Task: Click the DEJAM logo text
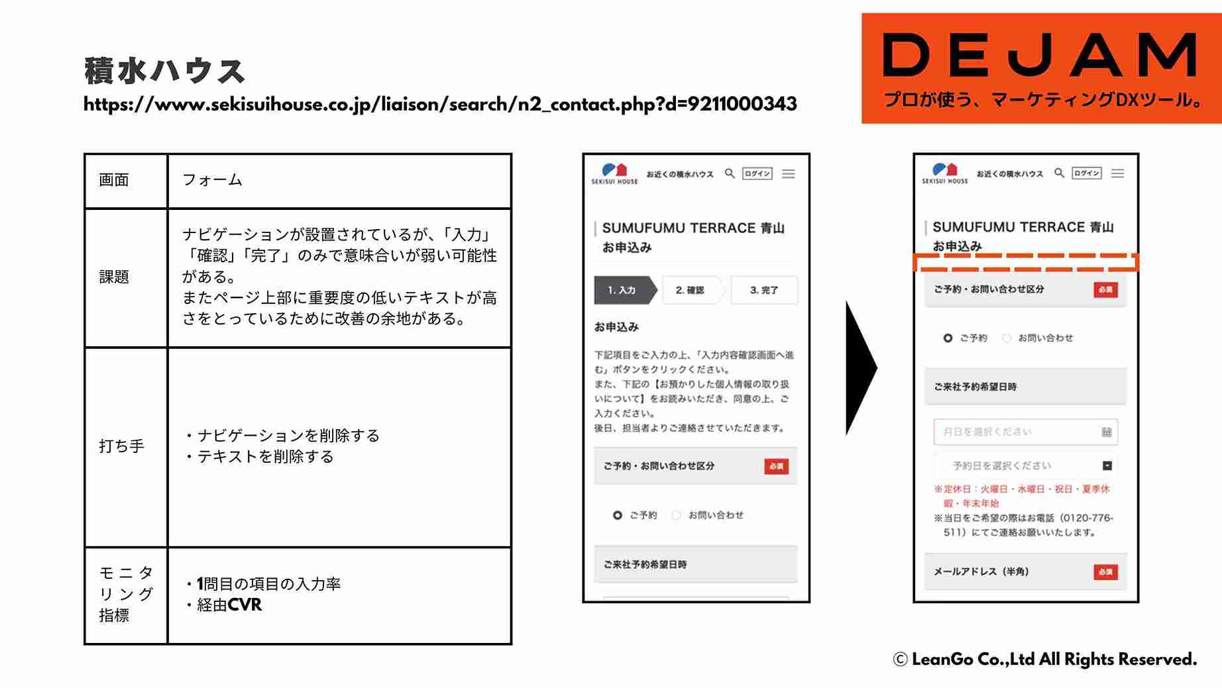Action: tap(1040, 56)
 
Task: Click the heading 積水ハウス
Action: tap(164, 71)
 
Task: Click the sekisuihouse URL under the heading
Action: tap(440, 105)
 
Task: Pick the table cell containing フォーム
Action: tap(339, 180)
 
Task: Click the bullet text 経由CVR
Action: tap(229, 605)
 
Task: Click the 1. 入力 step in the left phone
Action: tap(623, 290)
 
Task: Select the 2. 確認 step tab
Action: tap(690, 290)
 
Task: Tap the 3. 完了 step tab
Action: tap(764, 290)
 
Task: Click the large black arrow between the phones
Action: tap(860, 368)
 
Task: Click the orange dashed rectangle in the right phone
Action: tap(1025, 262)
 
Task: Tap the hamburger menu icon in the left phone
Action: tap(788, 173)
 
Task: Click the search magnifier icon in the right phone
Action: tap(1059, 173)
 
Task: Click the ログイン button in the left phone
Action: tap(757, 173)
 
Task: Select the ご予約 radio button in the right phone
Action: tap(948, 338)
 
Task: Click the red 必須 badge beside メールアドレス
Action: tap(1105, 571)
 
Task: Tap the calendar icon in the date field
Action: tap(1106, 432)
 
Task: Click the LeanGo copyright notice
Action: tap(1044, 660)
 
